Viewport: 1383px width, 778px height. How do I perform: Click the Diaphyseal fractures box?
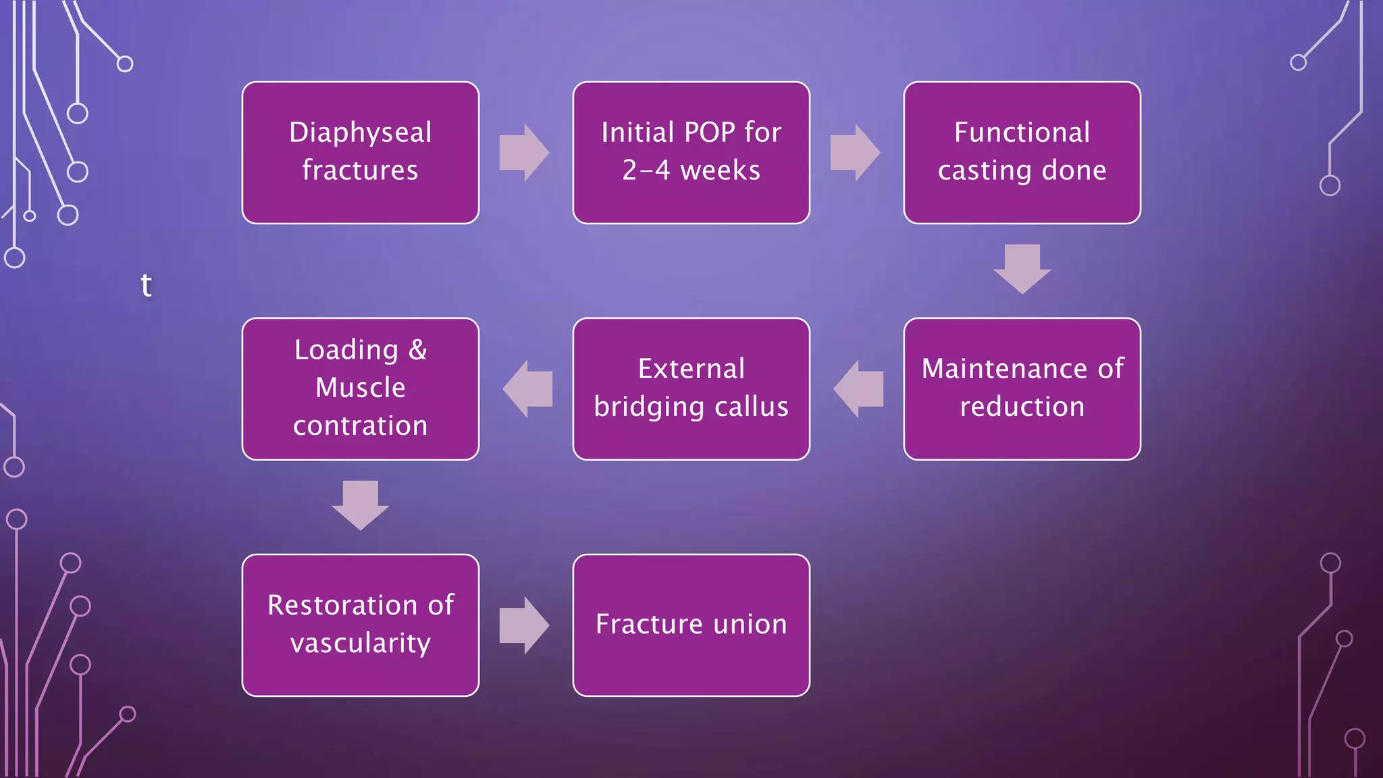(x=360, y=153)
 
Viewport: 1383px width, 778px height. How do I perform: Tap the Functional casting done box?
(x=1022, y=153)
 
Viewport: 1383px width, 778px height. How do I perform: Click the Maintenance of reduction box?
(x=1022, y=388)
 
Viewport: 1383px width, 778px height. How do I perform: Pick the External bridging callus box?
(x=691, y=388)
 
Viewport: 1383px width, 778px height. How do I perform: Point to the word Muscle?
(x=360, y=388)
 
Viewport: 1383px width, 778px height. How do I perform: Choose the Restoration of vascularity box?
(x=360, y=625)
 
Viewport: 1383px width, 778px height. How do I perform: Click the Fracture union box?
(x=691, y=625)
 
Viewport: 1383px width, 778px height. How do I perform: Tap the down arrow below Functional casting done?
(x=1022, y=269)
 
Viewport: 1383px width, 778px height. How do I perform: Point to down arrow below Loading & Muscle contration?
(x=360, y=505)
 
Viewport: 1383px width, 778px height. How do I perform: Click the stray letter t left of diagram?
(x=146, y=285)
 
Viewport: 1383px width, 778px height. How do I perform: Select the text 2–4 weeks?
(x=691, y=171)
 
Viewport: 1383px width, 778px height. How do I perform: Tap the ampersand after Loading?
(x=417, y=350)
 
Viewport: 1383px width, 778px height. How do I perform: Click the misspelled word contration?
(x=360, y=426)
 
